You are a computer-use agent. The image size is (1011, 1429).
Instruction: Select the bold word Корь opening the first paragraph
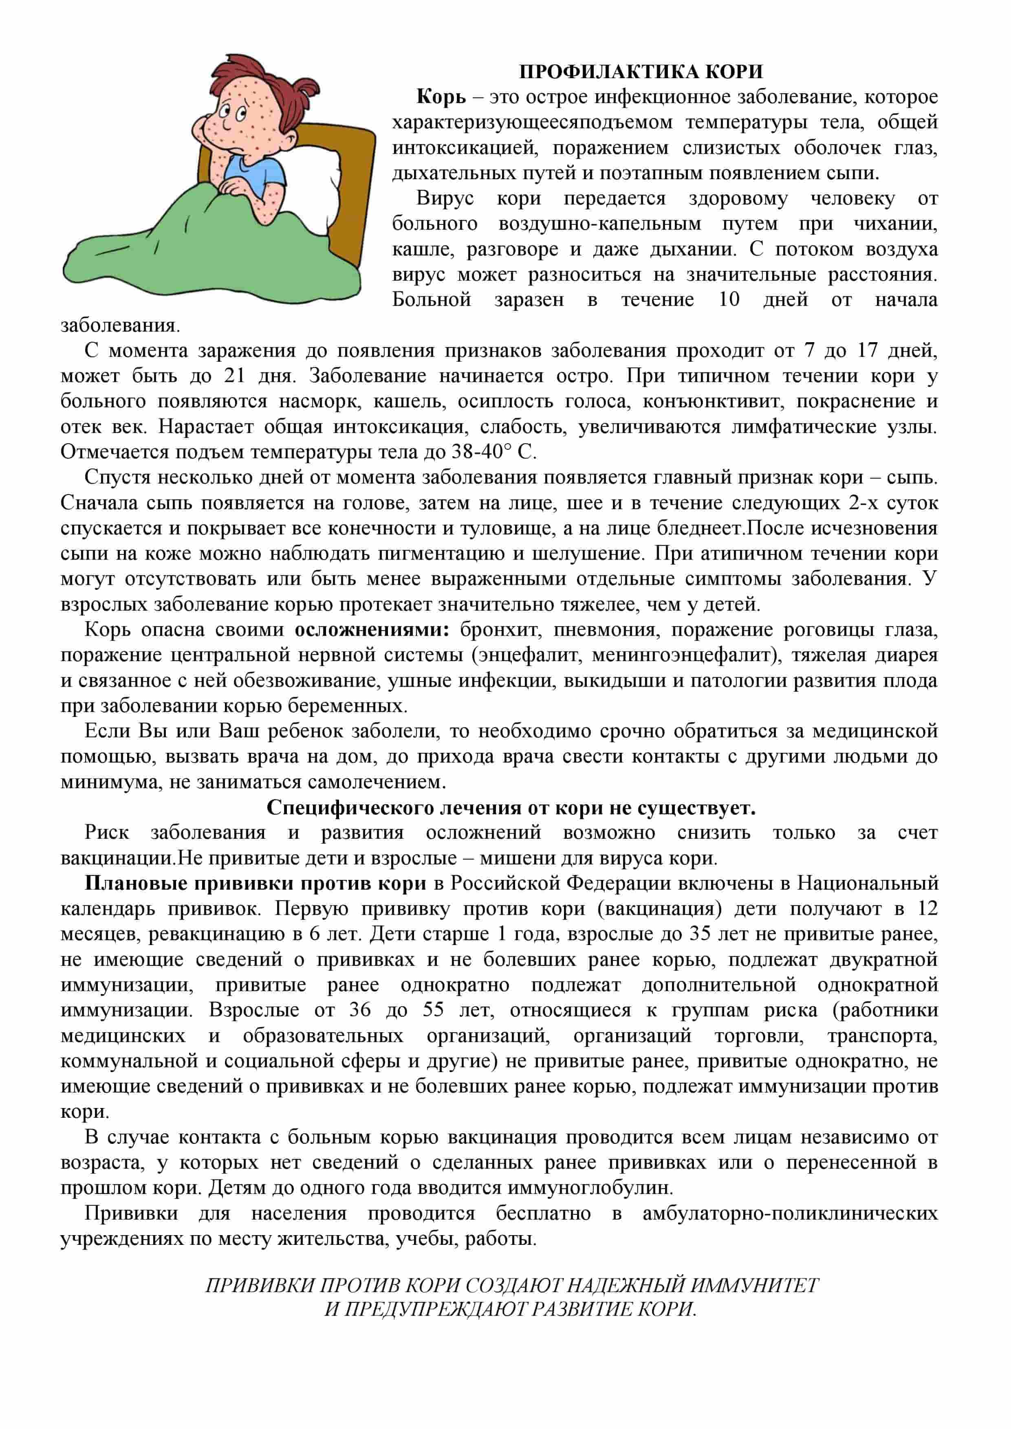click(441, 97)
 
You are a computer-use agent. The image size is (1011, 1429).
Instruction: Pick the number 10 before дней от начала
click(729, 300)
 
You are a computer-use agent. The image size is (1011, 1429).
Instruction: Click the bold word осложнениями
click(372, 630)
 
